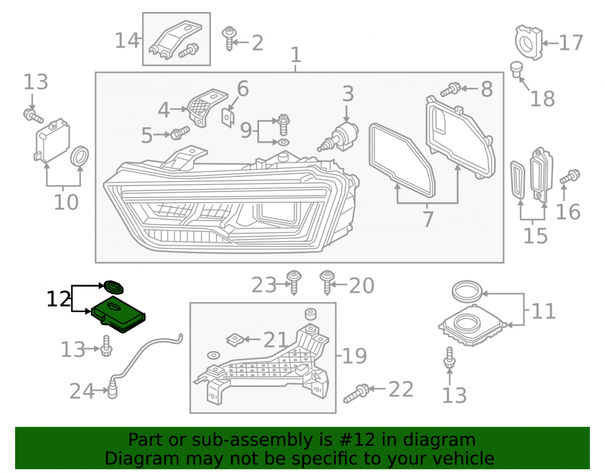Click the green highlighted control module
(x=118, y=316)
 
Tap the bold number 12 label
(x=59, y=299)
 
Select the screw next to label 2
(x=229, y=38)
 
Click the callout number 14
(x=126, y=41)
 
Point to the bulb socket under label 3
(x=339, y=137)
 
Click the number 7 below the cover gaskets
(x=428, y=219)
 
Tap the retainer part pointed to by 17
(x=528, y=42)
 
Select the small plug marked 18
(x=515, y=69)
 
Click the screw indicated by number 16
(x=570, y=176)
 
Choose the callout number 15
(x=535, y=236)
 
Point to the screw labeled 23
(x=294, y=282)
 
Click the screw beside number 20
(x=327, y=282)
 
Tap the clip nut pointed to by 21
(x=235, y=340)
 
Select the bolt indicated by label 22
(x=358, y=393)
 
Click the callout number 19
(x=354, y=356)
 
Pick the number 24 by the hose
(x=82, y=391)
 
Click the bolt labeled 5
(x=180, y=133)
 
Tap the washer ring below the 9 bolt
(x=283, y=142)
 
